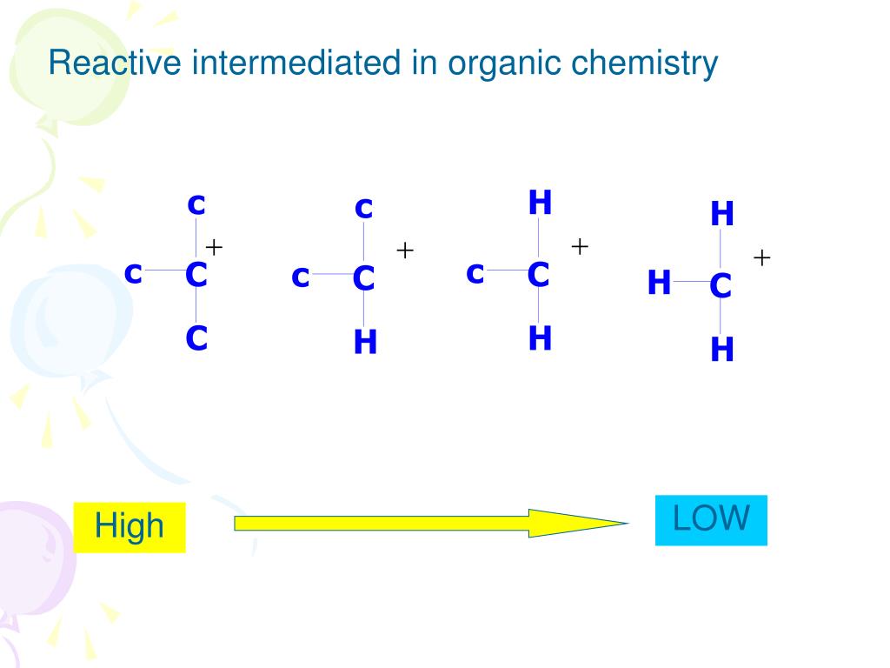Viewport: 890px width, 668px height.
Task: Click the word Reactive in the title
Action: tap(99, 63)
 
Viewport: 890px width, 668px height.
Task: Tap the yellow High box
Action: tap(130, 526)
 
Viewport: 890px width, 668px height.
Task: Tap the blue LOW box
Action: tap(711, 519)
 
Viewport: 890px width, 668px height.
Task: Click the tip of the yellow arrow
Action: tap(625, 523)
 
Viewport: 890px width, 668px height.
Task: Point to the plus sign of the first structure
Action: tap(214, 247)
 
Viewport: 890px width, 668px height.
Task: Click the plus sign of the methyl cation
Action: tap(762, 257)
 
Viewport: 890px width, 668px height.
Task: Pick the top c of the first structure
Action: tap(196, 204)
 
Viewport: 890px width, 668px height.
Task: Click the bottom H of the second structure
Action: tap(365, 344)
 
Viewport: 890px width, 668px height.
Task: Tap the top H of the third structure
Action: tap(540, 203)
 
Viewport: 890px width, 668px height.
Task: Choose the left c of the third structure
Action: tap(475, 273)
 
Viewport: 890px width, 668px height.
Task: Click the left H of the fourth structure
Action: tap(659, 283)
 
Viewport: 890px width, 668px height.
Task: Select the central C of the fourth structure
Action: tap(721, 285)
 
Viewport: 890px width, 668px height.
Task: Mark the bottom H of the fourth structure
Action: tap(722, 350)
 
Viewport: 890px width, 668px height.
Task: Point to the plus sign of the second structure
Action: tap(405, 250)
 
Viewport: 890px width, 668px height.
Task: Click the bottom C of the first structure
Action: tap(196, 338)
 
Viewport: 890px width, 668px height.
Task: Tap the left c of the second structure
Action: tap(301, 277)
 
